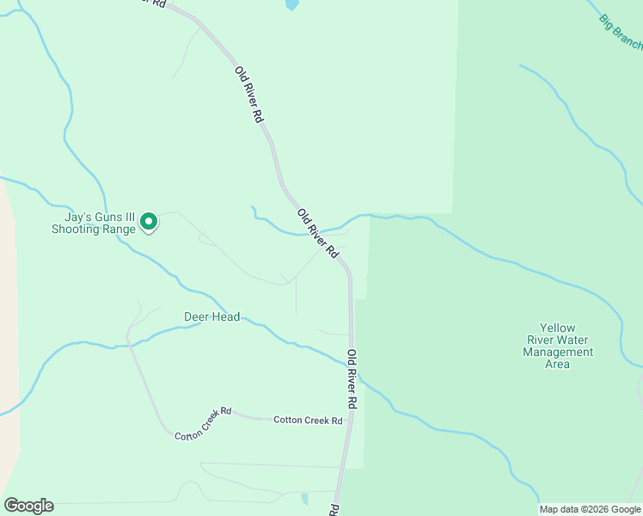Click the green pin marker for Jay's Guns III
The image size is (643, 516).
point(149,222)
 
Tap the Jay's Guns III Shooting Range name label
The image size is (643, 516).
point(93,224)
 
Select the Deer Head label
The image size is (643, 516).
point(211,316)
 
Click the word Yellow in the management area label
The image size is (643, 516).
point(557,328)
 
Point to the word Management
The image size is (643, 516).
point(558,352)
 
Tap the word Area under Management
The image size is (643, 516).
point(557,364)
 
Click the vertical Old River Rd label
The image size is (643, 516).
point(352,378)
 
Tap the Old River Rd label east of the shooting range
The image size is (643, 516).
point(316,233)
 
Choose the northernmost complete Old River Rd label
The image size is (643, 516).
point(248,94)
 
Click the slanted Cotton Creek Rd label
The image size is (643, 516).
point(204,424)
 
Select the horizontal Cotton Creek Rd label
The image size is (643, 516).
point(308,421)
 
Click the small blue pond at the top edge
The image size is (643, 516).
point(291,4)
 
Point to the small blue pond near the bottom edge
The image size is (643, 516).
point(305,499)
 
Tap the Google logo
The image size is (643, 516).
point(28,506)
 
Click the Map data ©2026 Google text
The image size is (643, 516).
point(590,509)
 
